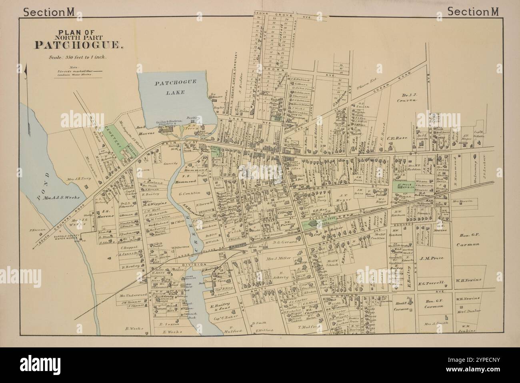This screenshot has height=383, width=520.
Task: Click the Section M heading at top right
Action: (473, 12)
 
